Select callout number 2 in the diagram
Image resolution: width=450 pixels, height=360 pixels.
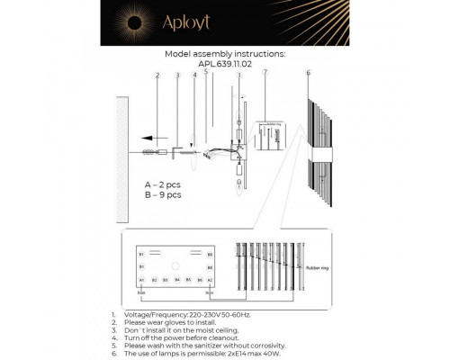click(157, 76)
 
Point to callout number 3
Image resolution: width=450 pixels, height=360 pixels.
click(177, 76)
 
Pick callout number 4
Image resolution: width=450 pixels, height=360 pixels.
click(194, 76)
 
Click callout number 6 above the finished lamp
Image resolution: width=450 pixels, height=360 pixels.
click(308, 73)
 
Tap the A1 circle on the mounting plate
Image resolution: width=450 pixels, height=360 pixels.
click(142, 281)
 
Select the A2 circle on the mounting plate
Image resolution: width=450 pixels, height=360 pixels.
click(210, 281)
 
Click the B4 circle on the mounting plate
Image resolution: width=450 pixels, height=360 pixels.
click(177, 281)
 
